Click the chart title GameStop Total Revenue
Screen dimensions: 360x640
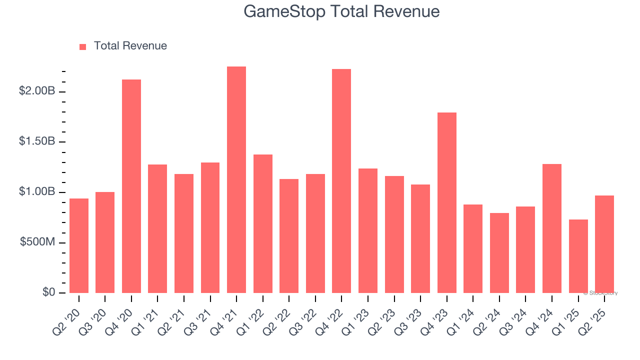point(341,11)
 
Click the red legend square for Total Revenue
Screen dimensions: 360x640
point(83,46)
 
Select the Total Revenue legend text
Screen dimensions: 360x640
point(130,46)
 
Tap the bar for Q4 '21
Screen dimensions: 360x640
point(236,180)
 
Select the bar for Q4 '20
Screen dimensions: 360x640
point(131,186)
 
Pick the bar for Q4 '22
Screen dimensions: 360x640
point(341,181)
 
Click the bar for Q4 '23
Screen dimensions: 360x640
point(446,202)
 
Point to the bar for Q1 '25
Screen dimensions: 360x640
point(578,256)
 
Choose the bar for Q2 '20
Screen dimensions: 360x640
point(79,245)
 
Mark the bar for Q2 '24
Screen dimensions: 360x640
point(499,253)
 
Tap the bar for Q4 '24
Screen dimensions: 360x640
point(552,228)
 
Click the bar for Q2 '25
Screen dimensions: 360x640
point(604,244)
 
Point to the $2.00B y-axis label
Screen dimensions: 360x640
point(37,91)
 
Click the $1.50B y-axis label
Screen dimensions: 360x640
point(37,141)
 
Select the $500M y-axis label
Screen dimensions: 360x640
point(37,242)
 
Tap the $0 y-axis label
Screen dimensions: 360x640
point(48,292)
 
